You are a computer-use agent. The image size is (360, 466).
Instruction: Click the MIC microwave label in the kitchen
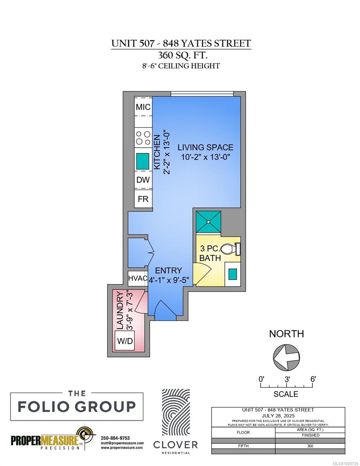(143, 107)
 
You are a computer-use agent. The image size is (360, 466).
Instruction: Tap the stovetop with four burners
(143, 138)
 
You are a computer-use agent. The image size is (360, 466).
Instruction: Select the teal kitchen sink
(143, 161)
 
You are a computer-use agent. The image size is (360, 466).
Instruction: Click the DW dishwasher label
(143, 180)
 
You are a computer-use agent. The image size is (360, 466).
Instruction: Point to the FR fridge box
(143, 198)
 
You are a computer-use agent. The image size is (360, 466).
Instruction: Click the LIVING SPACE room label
(205, 147)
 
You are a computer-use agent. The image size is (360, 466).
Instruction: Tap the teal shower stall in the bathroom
(209, 222)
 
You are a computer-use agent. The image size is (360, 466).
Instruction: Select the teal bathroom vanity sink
(232, 274)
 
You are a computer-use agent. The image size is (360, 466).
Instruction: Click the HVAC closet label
(137, 278)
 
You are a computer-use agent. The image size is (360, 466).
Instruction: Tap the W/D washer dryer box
(125, 341)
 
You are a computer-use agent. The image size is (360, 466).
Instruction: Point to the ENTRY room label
(169, 270)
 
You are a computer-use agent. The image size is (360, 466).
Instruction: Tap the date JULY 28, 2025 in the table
(278, 416)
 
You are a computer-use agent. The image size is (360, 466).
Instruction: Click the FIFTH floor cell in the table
(243, 446)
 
